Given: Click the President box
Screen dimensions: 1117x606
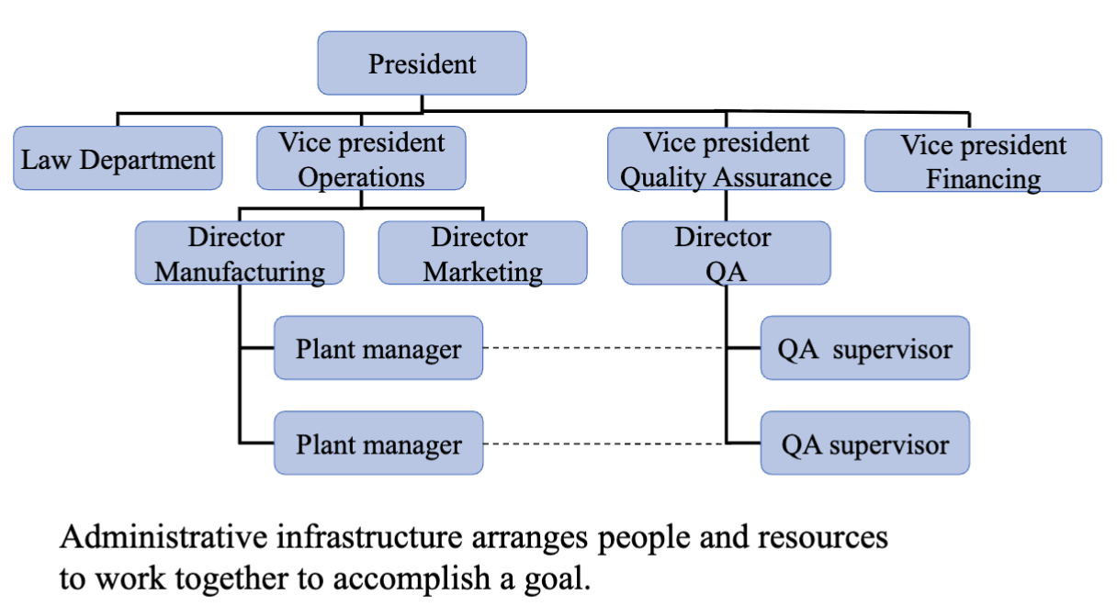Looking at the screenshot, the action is pos(422,63).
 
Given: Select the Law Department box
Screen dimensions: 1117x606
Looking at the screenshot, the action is pos(118,158).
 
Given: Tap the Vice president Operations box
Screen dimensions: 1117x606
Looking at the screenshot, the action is pos(361,158).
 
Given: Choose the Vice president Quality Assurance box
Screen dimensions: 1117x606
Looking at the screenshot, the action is pos(726,159).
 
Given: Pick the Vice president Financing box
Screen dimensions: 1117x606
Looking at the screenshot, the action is pos(983,161).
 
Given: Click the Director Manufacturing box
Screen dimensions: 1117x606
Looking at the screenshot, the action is pos(240,252).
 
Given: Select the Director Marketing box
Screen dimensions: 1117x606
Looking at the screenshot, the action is pos(482,252).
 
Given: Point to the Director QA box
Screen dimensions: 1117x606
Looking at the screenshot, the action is pos(726,252).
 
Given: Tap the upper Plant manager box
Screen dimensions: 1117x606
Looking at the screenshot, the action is pos(378,347).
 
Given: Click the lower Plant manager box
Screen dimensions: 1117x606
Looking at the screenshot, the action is pos(378,443).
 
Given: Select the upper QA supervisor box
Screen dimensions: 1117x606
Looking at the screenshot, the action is pos(865,347).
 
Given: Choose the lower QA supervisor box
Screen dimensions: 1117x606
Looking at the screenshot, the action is pos(865,443).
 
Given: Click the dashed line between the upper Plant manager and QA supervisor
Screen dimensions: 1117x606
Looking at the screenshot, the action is pos(604,347).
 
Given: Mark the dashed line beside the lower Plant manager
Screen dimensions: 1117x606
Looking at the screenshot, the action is pos(604,443).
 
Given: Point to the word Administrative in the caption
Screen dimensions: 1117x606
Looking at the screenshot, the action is pos(164,537).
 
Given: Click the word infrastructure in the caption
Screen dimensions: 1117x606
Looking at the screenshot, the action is pos(369,537).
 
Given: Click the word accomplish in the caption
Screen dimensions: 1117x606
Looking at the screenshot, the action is pos(412,580).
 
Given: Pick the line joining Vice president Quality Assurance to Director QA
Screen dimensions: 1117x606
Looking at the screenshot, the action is pos(726,206).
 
